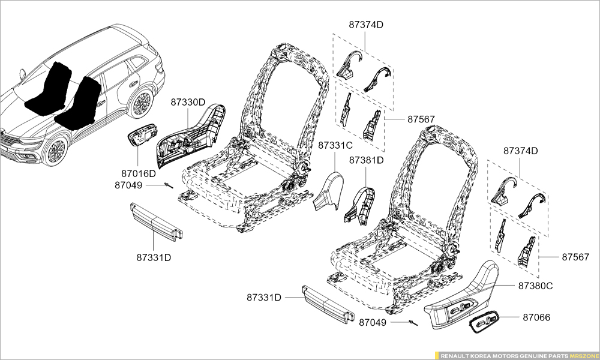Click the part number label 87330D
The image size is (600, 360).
[188, 102]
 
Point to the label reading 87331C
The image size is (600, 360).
[335, 145]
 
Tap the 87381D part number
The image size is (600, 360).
[367, 160]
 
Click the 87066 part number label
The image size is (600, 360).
[536, 317]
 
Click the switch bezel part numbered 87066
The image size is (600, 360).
[484, 325]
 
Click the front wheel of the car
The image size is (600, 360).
[56, 151]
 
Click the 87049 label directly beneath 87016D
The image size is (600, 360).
[128, 185]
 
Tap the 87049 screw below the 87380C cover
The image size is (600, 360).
[413, 324]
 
